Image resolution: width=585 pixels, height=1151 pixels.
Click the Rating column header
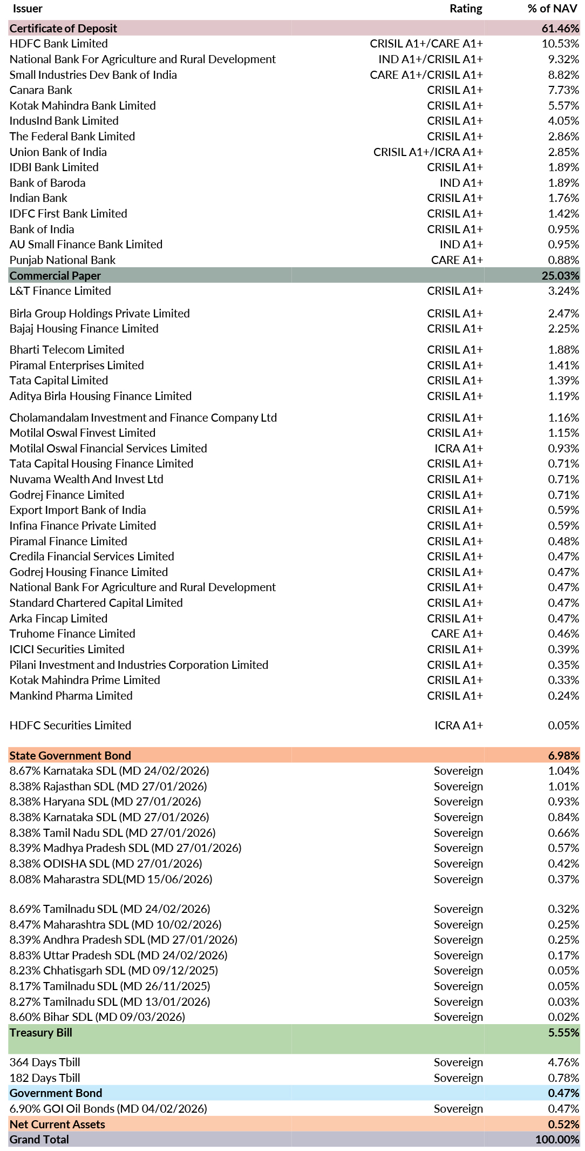click(466, 9)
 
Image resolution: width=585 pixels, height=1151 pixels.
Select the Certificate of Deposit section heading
click(63, 28)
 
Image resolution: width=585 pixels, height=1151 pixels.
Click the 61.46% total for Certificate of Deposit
click(560, 28)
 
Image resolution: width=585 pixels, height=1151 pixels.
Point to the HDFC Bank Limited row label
click(58, 44)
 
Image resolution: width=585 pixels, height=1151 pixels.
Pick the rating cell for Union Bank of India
click(428, 152)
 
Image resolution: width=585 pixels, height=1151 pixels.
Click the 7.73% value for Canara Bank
click(563, 90)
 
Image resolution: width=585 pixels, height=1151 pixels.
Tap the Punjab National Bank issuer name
click(63, 260)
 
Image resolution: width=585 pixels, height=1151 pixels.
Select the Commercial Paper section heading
click(55, 275)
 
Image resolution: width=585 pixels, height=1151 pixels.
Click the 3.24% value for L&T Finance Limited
click(563, 291)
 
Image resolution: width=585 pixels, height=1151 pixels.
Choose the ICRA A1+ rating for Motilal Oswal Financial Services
click(459, 448)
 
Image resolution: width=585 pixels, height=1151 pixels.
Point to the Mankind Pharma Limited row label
click(71, 695)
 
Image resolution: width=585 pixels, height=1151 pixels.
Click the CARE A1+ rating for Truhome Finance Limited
click(457, 634)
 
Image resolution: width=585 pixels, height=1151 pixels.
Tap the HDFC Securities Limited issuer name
click(70, 726)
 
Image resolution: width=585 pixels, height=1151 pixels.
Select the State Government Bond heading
click(70, 755)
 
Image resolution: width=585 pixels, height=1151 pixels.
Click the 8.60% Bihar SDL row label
click(97, 1017)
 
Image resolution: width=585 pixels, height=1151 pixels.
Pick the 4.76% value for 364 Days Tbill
click(563, 1062)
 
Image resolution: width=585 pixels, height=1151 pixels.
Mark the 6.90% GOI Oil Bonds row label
click(108, 1108)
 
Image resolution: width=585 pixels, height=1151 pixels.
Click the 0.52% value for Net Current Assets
click(563, 1124)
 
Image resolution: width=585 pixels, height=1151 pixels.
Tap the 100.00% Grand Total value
click(557, 1139)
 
